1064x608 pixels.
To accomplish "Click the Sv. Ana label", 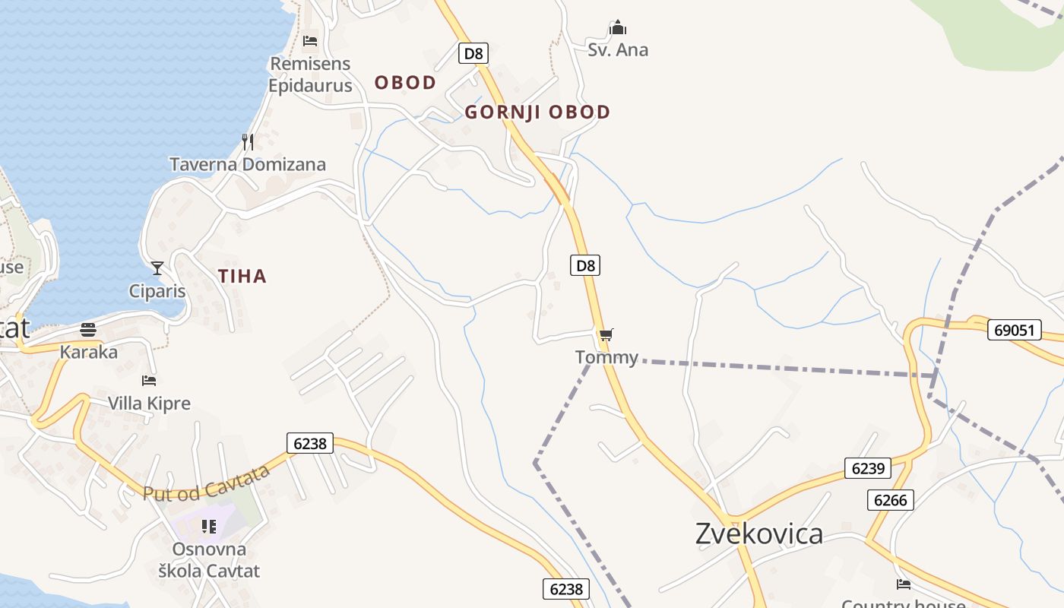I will tap(618, 50).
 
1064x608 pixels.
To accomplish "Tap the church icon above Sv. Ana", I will tap(618, 28).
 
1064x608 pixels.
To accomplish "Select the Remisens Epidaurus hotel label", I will tap(310, 74).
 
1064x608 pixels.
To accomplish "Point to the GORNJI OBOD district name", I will tap(537, 112).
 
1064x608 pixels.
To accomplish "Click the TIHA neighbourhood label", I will tap(242, 277).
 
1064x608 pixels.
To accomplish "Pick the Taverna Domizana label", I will tap(248, 164).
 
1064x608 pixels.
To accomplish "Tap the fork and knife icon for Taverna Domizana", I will tap(248, 141).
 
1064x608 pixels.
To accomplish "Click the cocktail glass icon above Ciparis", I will tap(157, 268).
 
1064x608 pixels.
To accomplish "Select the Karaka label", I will tap(89, 352).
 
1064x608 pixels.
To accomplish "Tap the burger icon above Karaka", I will tap(88, 330).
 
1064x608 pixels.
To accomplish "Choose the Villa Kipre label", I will tap(149, 403).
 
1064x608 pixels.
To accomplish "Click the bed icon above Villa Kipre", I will tap(149, 380).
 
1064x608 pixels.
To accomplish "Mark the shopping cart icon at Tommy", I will tap(606, 334).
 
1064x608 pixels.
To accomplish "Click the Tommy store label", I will tap(606, 357).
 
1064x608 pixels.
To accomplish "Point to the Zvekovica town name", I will tap(758, 534).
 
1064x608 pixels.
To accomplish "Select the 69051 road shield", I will tap(1014, 330).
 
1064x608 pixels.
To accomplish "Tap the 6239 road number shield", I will tap(867, 468).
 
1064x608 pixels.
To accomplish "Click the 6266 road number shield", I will tap(890, 499).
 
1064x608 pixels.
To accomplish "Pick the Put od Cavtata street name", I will tap(207, 483).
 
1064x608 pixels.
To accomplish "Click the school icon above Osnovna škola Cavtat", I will tap(209, 526).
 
